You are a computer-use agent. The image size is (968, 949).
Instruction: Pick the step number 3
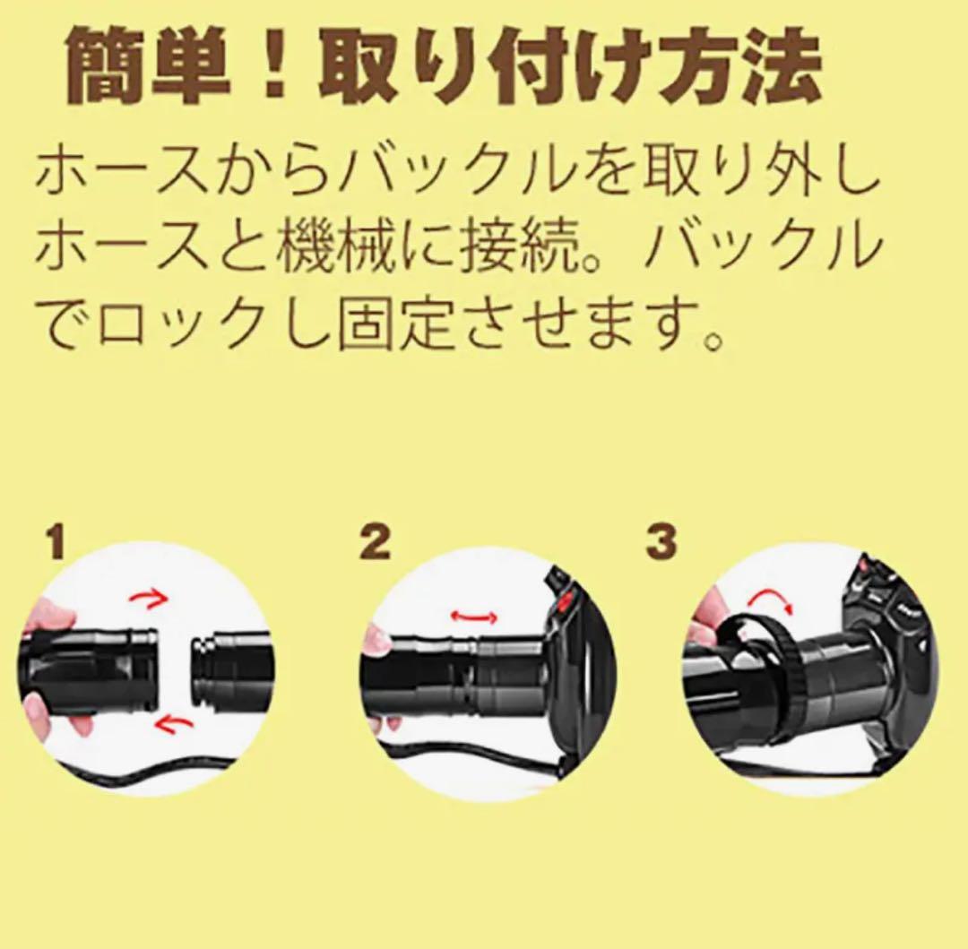point(661,543)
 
